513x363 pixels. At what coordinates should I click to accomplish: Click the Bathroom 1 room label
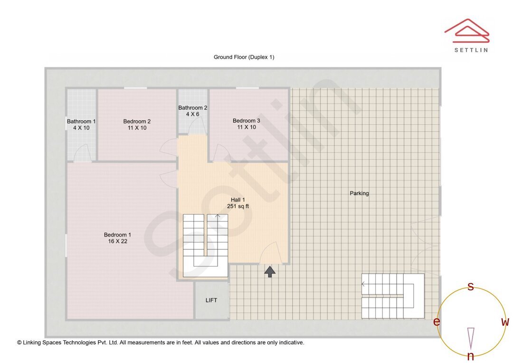point(81,122)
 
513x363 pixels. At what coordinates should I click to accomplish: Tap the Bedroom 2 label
point(137,122)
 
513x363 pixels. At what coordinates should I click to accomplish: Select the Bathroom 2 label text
point(193,108)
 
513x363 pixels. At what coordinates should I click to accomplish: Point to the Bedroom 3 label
point(247,121)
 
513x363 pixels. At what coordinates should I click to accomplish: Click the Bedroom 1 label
point(117,235)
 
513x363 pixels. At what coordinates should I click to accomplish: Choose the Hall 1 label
point(238,200)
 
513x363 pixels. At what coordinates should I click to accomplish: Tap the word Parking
point(359,193)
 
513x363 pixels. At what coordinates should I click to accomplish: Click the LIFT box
point(211,300)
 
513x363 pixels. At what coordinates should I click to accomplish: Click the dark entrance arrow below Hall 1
point(270,272)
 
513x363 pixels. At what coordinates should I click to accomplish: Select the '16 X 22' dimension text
point(117,241)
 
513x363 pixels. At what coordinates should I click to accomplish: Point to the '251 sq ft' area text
point(238,206)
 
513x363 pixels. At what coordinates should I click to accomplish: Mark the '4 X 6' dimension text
point(193,114)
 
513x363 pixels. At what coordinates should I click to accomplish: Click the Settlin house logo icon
point(467,31)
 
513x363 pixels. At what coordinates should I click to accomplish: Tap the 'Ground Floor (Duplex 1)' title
point(244,57)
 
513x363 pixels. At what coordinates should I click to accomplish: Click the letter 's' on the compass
point(470,287)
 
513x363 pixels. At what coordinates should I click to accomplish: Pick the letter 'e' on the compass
point(437,322)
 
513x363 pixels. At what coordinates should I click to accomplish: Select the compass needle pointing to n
point(471,338)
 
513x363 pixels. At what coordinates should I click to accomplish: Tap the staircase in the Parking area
point(393,296)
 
